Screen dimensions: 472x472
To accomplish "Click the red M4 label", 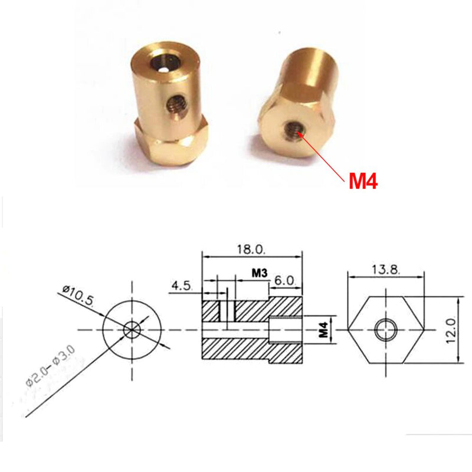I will pos(363,179).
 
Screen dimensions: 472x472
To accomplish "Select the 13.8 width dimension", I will pos(387,269).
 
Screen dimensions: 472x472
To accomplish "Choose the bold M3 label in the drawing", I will pos(260,273).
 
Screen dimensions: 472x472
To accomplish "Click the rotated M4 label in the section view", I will pos(323,329).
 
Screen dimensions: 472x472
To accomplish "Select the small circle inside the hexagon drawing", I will pos(386,328).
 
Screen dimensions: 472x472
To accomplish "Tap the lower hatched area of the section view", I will pos(236,349).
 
